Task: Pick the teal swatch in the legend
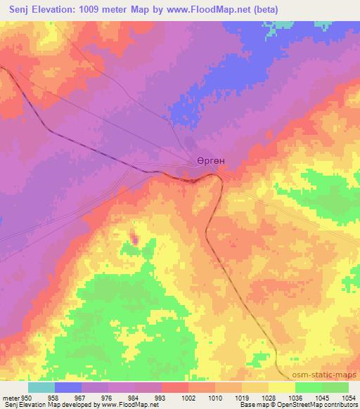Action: [x=41, y=387]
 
